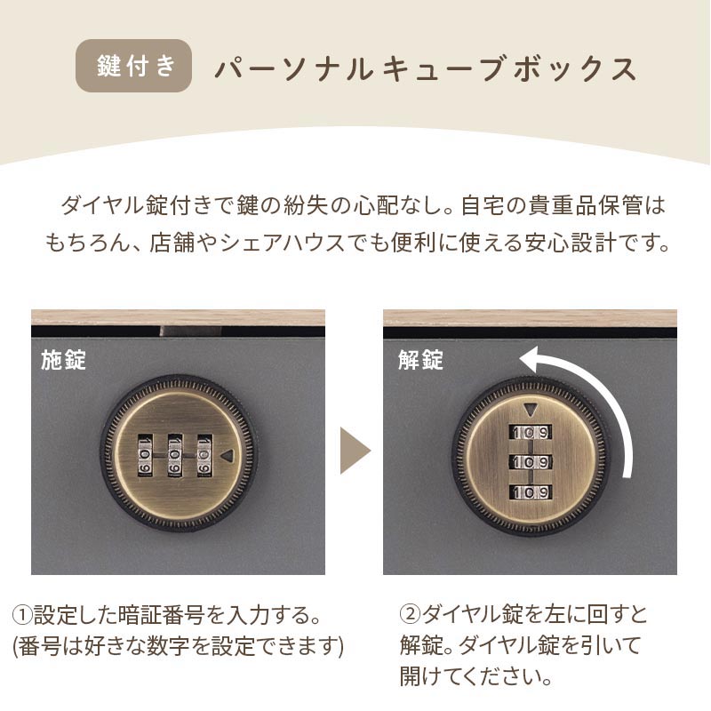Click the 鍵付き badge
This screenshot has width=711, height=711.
[x=134, y=67]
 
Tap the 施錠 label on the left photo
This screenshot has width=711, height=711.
[x=63, y=360]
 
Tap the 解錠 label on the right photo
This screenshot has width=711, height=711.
[x=420, y=360]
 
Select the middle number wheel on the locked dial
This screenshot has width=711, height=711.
[x=174, y=454]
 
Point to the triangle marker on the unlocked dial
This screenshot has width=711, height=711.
[x=531, y=411]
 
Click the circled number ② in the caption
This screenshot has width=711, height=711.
[x=410, y=615]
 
